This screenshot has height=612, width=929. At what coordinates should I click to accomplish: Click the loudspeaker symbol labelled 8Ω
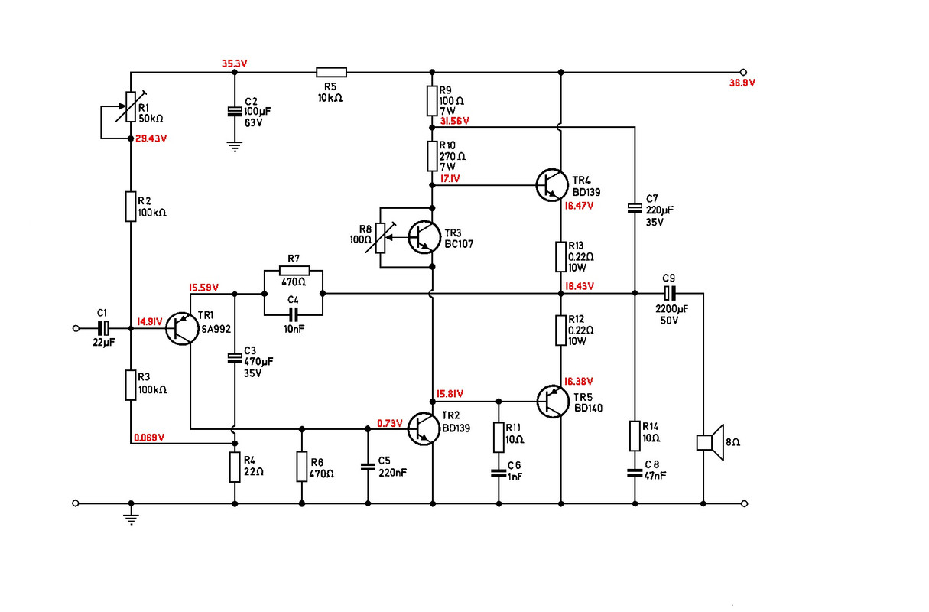tap(709, 443)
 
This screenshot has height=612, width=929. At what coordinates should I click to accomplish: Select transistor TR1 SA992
tap(182, 328)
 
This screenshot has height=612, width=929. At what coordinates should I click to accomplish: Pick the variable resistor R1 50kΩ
tap(131, 107)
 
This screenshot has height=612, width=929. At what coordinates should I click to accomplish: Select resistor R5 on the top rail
tap(331, 72)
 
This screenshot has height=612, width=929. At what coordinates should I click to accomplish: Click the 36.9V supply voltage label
tap(742, 83)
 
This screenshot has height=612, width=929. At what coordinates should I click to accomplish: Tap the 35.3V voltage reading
tap(235, 63)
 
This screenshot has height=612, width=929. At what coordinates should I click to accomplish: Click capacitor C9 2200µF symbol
tap(669, 292)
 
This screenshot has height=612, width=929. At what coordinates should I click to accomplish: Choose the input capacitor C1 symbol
tap(104, 328)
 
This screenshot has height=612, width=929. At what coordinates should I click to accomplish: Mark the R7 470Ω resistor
tap(294, 270)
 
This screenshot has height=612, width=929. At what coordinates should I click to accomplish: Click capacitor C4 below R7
tap(293, 314)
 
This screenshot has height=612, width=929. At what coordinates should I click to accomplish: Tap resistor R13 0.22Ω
tap(561, 256)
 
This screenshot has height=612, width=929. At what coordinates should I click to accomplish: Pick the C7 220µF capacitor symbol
tap(634, 207)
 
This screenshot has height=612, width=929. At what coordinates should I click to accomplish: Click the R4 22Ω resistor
tap(235, 467)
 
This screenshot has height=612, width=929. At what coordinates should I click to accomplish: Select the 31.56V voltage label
tap(453, 121)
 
